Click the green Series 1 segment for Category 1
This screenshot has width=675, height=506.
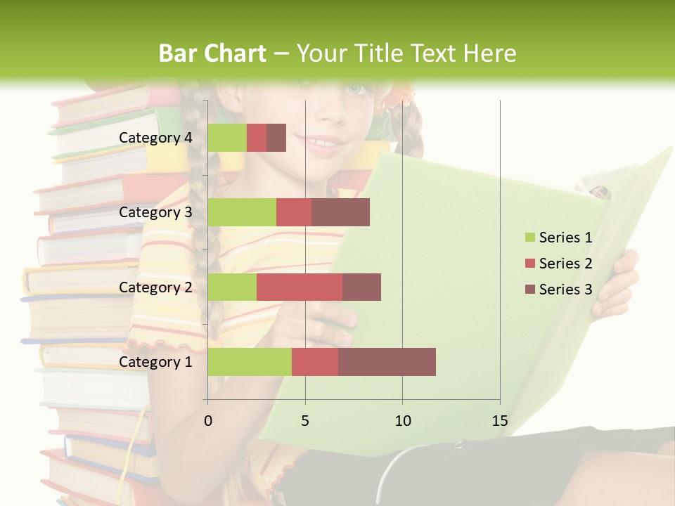(250, 362)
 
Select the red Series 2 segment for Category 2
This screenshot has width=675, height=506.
(300, 287)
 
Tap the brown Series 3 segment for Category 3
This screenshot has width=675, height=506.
(340, 212)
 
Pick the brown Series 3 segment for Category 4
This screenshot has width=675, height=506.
(276, 138)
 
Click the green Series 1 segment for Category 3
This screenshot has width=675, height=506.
(242, 212)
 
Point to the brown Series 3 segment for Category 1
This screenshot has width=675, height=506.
(387, 362)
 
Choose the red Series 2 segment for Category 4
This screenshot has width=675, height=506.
(257, 138)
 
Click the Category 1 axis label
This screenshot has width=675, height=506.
(155, 362)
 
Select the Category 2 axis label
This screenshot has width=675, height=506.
(155, 287)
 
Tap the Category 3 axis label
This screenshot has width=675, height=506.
(155, 212)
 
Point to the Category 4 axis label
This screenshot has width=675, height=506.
(155, 138)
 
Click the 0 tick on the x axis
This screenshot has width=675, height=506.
(208, 421)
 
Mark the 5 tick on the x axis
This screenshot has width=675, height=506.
(305, 421)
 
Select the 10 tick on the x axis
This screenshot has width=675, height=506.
(402, 421)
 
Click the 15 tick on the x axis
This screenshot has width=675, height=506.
(500, 421)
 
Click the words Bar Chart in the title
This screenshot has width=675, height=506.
(212, 53)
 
